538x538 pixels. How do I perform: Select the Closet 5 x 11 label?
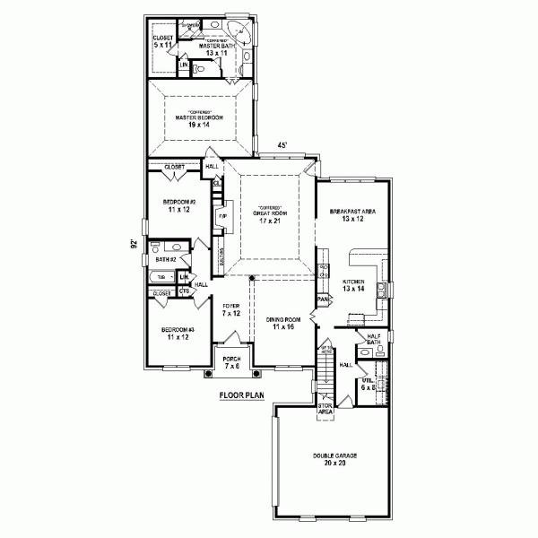tap(162, 42)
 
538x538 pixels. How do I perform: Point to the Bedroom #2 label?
tap(179, 206)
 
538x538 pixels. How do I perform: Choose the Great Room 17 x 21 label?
tap(270, 217)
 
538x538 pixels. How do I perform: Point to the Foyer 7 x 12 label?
tap(231, 310)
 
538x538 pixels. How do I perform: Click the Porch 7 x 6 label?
tap(232, 364)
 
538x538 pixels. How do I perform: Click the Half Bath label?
tap(376, 339)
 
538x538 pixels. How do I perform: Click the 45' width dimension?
tap(282, 146)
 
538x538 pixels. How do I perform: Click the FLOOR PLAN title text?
tap(242, 395)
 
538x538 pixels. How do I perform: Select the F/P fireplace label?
tap(221, 217)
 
